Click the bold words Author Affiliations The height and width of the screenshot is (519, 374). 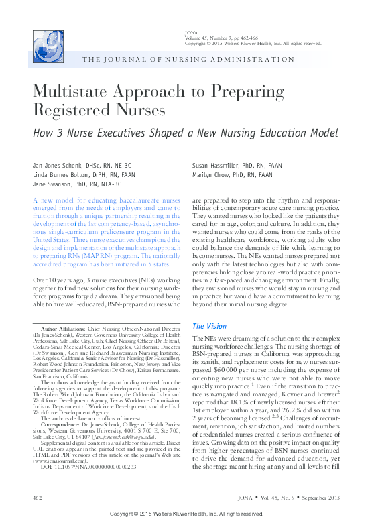coord(64,329)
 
